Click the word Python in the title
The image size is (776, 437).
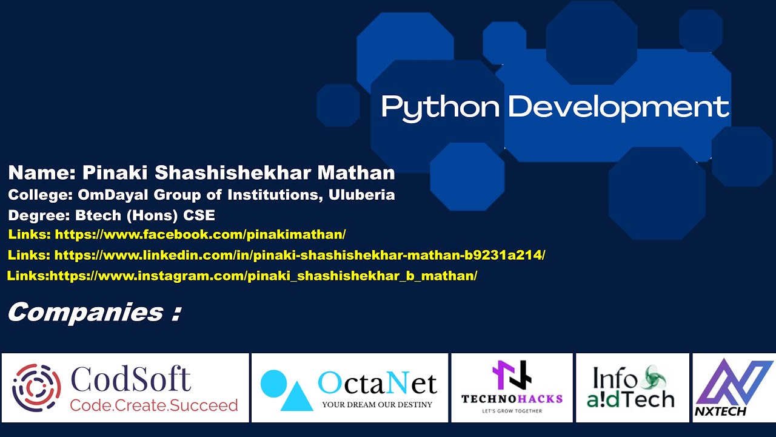[440, 107]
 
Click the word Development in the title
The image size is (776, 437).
[618, 107]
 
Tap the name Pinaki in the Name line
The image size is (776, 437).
[115, 173]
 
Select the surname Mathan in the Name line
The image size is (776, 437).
[356, 173]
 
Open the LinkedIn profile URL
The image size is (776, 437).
[299, 256]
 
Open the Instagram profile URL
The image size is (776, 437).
[263, 276]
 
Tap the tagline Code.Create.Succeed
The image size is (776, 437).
[154, 405]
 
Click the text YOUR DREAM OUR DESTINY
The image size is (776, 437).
[377, 404]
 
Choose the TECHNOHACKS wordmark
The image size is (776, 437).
[512, 399]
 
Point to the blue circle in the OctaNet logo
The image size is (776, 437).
[273, 382]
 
